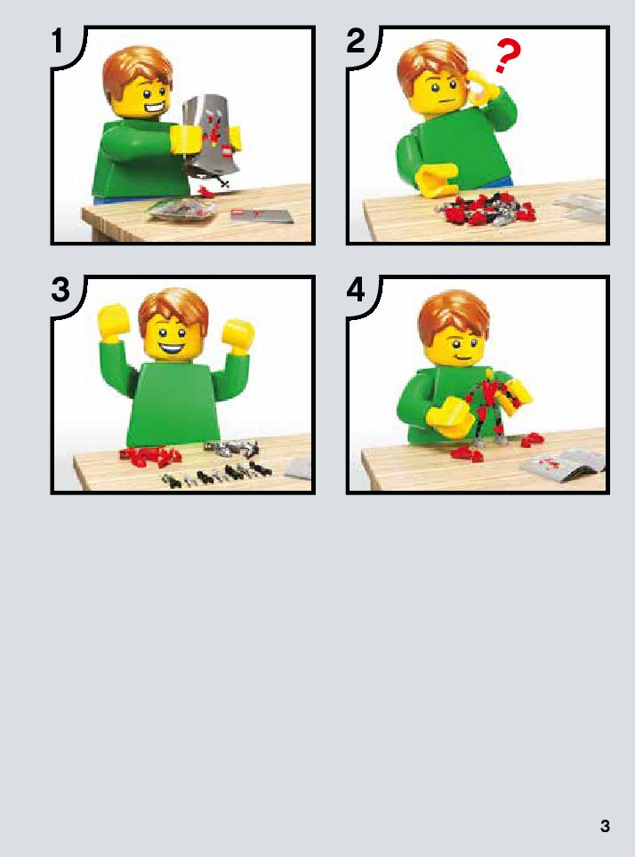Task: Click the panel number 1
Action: (x=59, y=41)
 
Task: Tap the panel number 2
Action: (x=356, y=41)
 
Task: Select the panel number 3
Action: (x=60, y=290)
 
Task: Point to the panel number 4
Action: (x=356, y=290)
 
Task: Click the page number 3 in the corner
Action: (x=605, y=826)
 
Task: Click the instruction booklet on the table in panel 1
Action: (x=261, y=215)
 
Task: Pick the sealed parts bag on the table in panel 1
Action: (x=181, y=209)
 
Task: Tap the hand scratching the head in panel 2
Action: (x=483, y=87)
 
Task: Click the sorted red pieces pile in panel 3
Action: (x=151, y=456)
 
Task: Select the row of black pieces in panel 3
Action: (x=216, y=475)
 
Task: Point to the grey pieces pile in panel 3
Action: (x=231, y=448)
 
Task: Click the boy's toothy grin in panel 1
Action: (x=155, y=108)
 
